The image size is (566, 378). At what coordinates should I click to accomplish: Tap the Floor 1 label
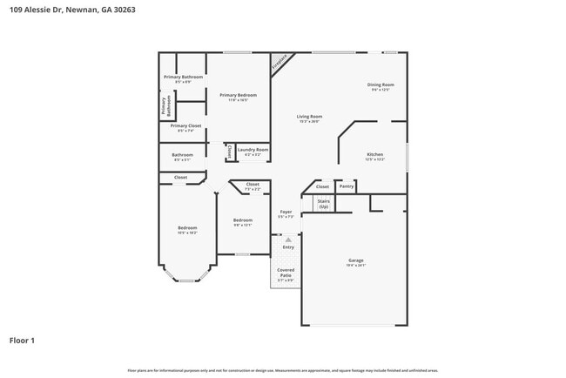(x=22, y=340)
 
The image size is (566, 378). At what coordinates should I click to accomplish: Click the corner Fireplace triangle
(x=279, y=62)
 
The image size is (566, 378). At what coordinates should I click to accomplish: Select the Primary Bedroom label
(x=238, y=97)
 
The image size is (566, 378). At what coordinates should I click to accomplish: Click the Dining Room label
(x=382, y=86)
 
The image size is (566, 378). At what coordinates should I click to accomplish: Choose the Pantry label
(x=346, y=186)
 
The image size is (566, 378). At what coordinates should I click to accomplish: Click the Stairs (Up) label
(x=324, y=204)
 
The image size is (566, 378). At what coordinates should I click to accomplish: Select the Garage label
(x=356, y=261)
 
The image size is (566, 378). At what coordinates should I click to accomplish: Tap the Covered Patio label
(x=286, y=274)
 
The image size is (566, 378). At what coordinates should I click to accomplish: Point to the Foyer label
(x=286, y=213)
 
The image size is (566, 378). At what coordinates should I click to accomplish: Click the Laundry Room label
(x=253, y=151)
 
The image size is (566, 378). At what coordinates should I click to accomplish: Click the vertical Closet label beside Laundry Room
(x=229, y=152)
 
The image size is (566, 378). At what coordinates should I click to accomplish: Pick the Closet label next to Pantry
(x=322, y=186)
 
